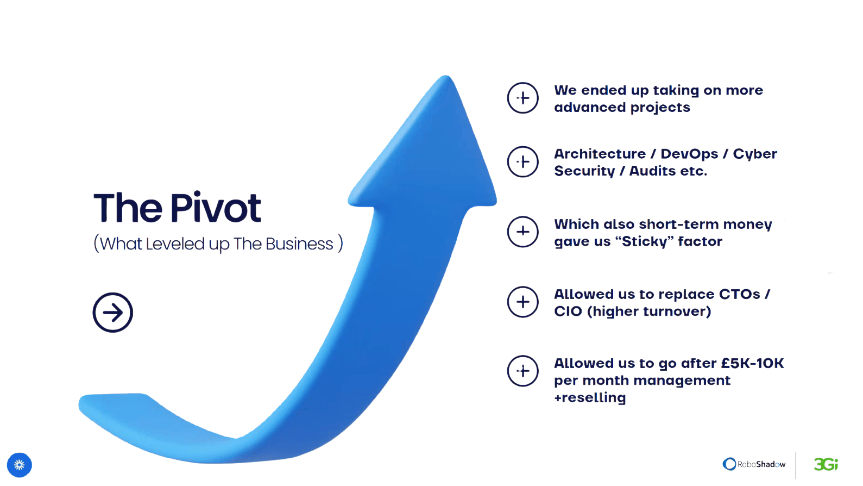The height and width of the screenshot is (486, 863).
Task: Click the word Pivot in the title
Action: pos(216,208)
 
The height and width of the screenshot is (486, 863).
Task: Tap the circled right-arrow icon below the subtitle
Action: pos(113,313)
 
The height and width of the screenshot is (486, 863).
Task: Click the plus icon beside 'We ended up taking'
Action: pos(523,98)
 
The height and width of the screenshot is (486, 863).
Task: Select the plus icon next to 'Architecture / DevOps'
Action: pos(523,162)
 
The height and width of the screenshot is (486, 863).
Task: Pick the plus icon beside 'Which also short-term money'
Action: pos(523,232)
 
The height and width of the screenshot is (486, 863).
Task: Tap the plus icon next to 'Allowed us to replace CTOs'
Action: pos(523,302)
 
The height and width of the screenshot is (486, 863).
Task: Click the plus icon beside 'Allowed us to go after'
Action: pos(523,371)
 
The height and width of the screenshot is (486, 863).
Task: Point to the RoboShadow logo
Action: pos(754,464)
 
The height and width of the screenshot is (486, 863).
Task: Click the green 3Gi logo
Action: pos(826,464)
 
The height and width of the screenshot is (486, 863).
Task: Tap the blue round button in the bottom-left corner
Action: pos(19,465)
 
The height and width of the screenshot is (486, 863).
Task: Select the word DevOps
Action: pos(689,154)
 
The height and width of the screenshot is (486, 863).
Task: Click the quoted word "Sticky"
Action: pos(645,242)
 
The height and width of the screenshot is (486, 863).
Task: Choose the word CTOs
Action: pos(740,294)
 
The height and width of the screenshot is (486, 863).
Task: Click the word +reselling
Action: pos(590,397)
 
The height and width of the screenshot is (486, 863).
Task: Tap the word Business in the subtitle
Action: pos(299,244)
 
